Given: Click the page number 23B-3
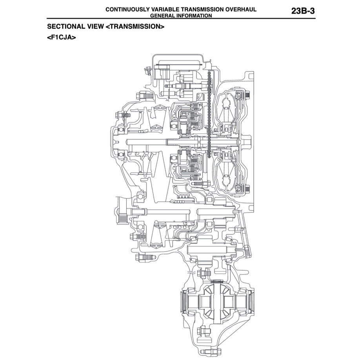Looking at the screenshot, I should pos(303,11).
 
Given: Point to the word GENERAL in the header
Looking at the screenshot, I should pos(162,16).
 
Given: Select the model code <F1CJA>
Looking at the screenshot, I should pos(61,38).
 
